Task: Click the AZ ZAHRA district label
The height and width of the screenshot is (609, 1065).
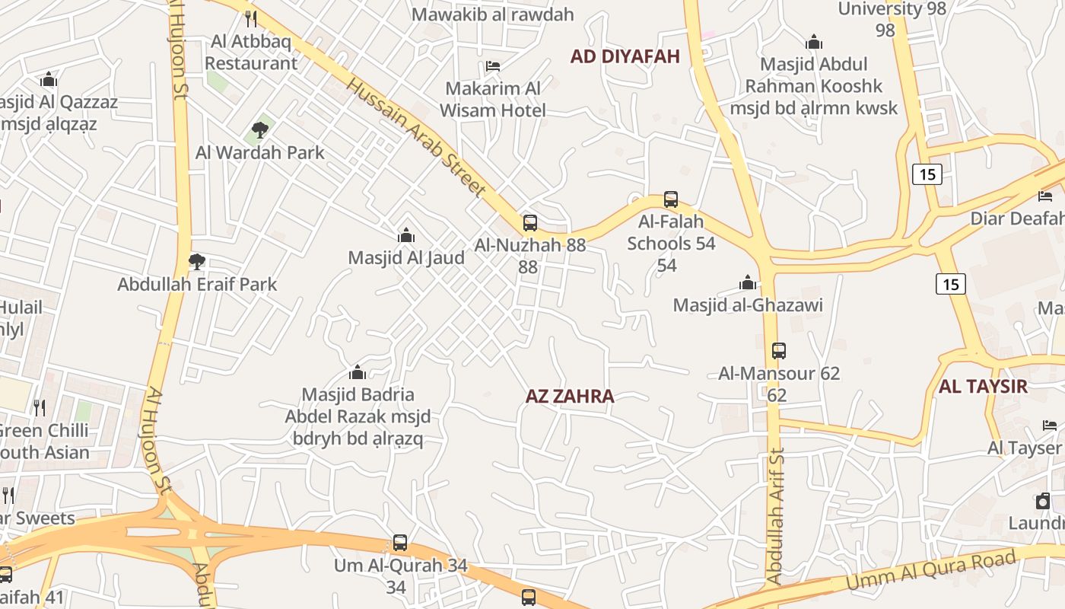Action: click(x=570, y=397)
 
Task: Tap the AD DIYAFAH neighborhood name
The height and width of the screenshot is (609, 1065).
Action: click(x=625, y=56)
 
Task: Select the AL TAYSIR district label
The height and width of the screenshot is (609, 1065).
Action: click(x=983, y=386)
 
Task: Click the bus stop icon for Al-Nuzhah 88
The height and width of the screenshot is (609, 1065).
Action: click(x=530, y=223)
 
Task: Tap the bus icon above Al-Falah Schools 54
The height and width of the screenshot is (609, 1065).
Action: click(x=671, y=199)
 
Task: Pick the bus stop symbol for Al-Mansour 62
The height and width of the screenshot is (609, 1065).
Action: click(x=779, y=351)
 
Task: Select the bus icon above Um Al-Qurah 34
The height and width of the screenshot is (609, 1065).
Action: click(x=400, y=544)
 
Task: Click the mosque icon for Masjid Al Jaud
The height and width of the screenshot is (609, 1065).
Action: click(x=406, y=235)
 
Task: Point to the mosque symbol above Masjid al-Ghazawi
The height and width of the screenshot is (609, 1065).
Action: click(x=748, y=283)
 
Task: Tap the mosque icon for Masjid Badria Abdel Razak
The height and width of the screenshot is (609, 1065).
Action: click(x=358, y=372)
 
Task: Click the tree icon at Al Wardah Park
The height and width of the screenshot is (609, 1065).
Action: click(x=260, y=129)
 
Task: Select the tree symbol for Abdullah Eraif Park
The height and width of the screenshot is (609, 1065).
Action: click(x=197, y=262)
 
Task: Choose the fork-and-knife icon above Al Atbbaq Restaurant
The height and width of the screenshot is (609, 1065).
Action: click(x=251, y=18)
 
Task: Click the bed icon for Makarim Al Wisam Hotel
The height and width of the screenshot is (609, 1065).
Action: click(x=493, y=66)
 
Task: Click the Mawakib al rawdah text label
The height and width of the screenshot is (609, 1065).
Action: click(x=492, y=14)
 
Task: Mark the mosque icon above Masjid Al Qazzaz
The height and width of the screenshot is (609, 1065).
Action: click(x=49, y=79)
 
